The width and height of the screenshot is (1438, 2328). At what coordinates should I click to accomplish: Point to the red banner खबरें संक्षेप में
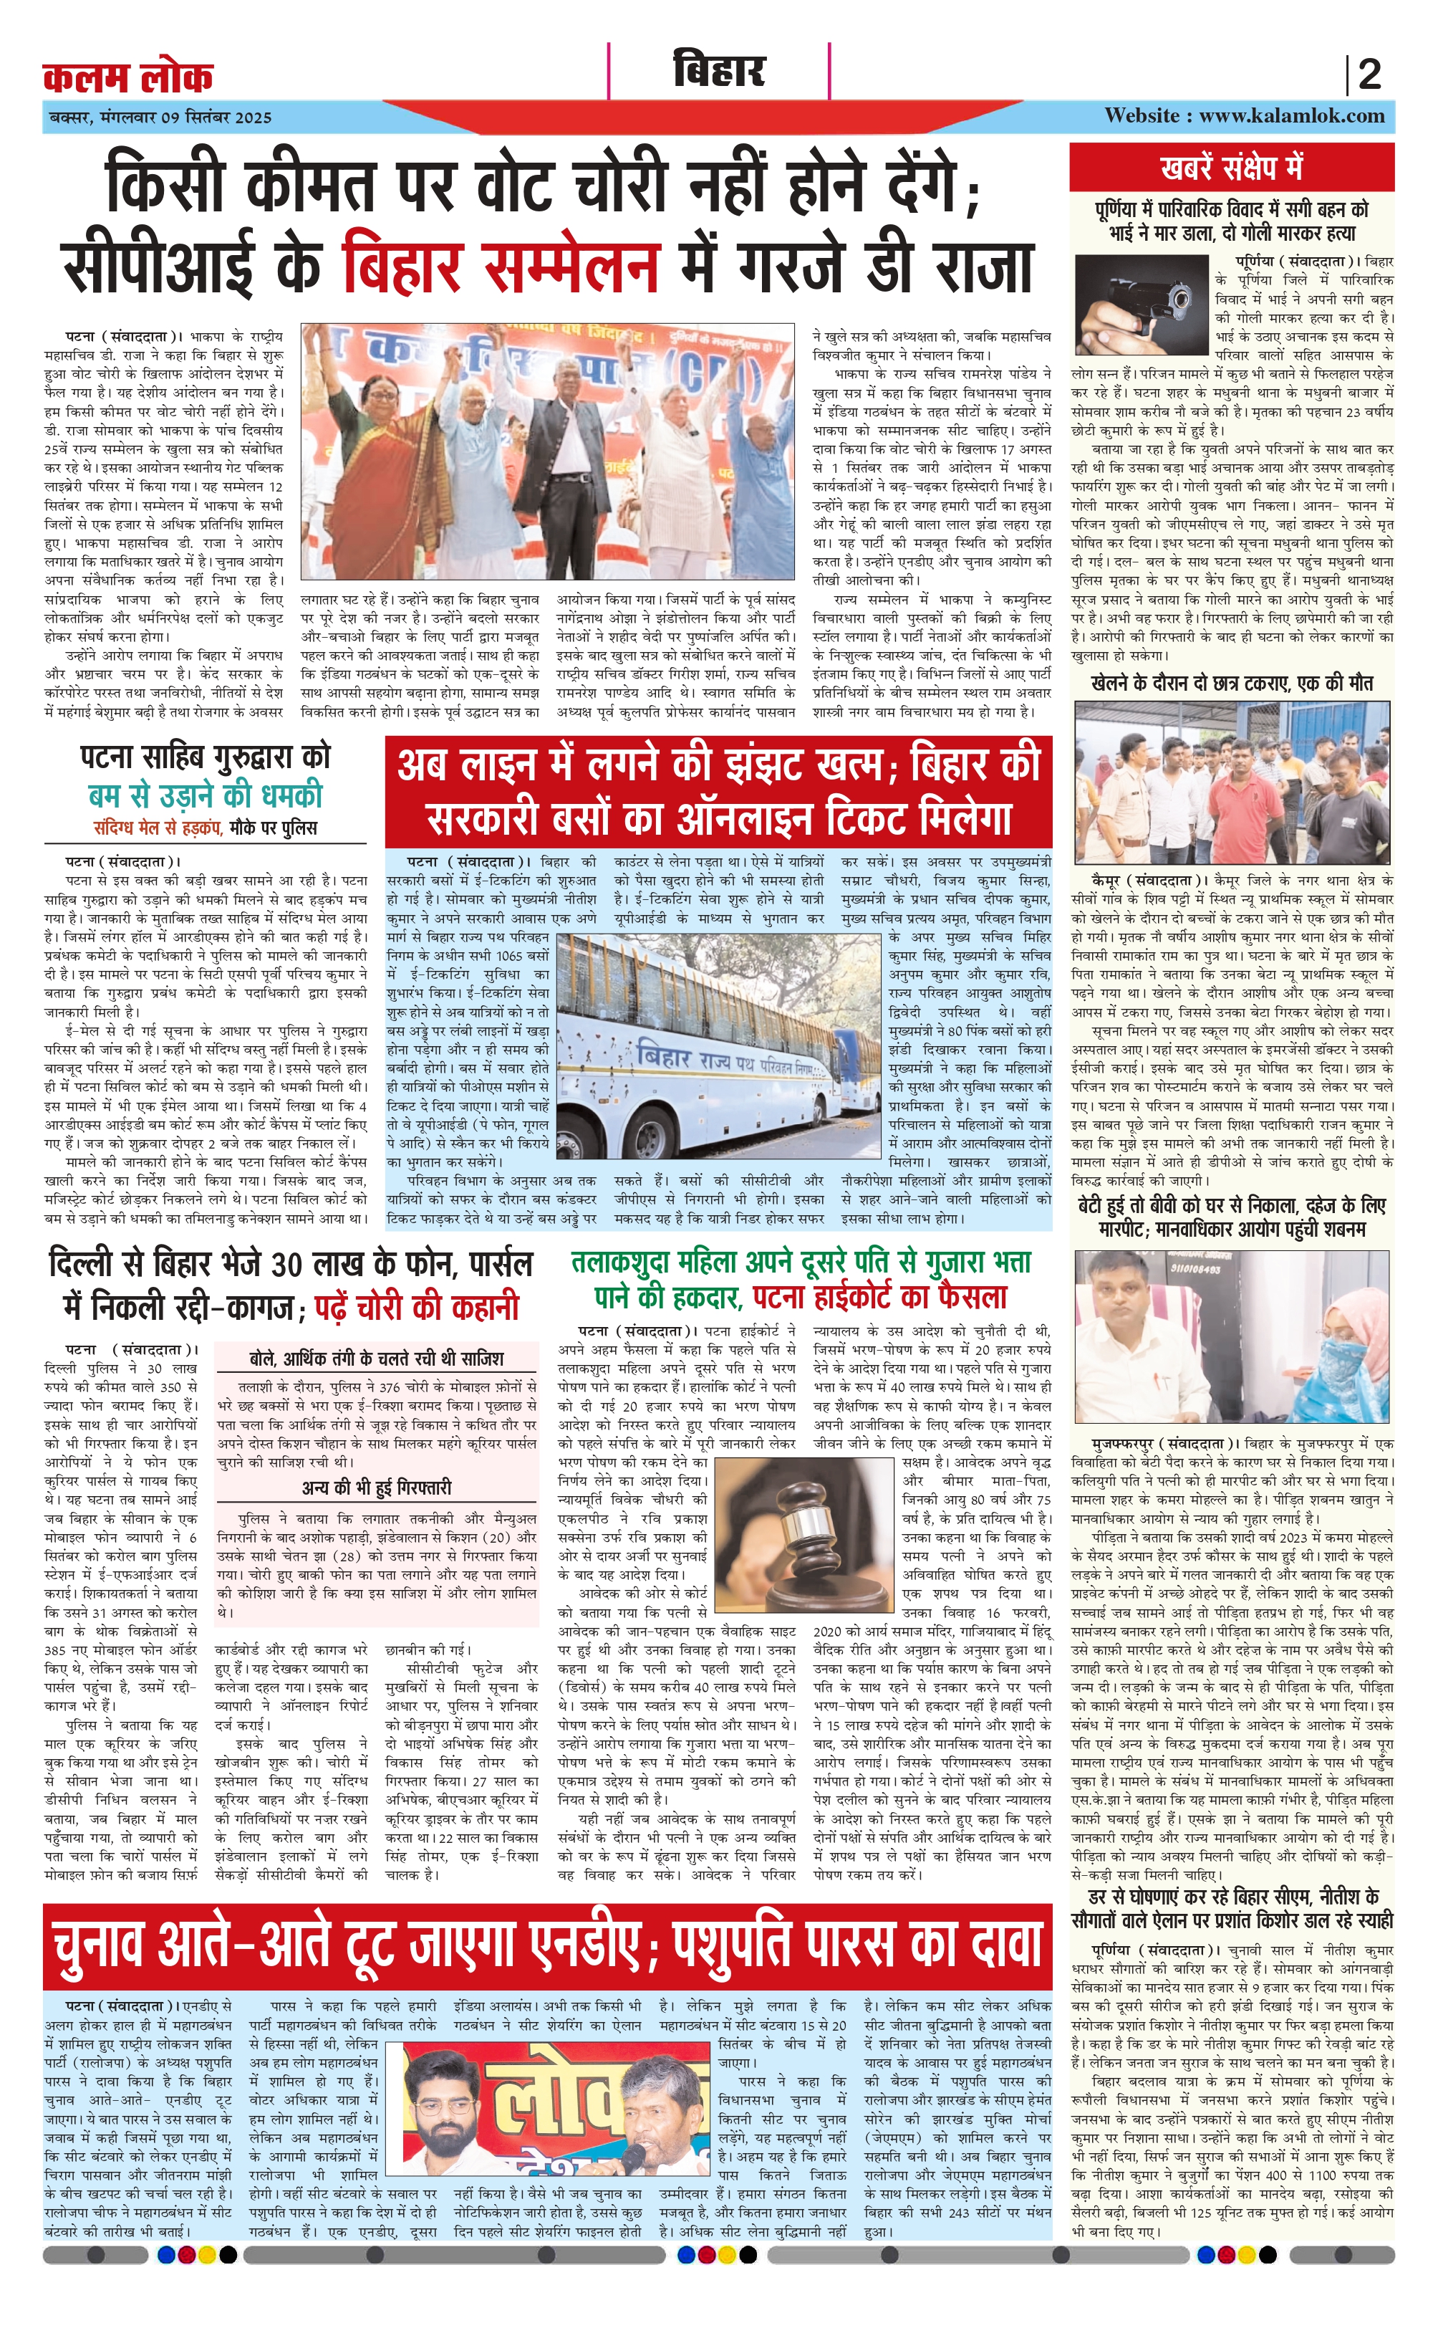[x=1232, y=168]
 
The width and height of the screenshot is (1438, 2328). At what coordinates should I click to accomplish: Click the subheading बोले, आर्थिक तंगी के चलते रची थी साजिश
[x=377, y=1359]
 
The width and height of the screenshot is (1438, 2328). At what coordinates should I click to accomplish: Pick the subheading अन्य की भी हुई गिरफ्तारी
[x=377, y=1486]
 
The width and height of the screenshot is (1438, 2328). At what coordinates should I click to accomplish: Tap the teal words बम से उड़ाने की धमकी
[x=206, y=795]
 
